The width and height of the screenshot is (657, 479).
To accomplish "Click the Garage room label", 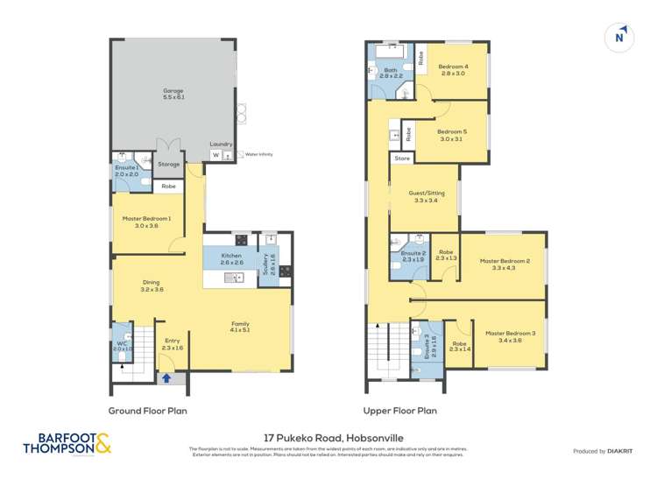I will (172, 90).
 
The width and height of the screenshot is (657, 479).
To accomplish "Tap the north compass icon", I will (620, 37).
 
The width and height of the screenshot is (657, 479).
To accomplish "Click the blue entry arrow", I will (166, 378).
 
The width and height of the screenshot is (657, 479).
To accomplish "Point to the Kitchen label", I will (231, 255).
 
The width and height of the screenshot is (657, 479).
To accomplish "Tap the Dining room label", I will (152, 282).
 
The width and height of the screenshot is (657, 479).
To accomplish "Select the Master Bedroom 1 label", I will (147, 219).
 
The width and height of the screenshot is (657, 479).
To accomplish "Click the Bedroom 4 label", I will (453, 67).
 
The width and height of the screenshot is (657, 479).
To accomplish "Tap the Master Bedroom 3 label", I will (510, 334).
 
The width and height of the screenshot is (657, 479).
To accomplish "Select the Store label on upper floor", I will (402, 158).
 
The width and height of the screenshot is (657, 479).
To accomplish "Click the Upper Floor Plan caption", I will (400, 410).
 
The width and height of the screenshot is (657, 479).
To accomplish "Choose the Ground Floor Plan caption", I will (147, 410).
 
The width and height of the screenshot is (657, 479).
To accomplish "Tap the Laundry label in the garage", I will (221, 144).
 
